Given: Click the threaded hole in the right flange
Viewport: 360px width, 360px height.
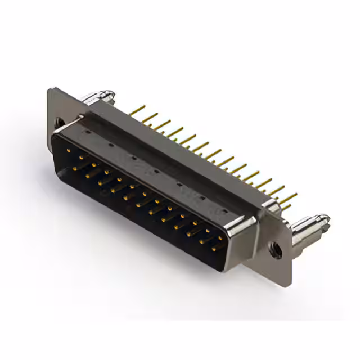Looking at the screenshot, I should [276, 250].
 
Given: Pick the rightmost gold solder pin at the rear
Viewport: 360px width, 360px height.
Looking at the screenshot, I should [289, 197].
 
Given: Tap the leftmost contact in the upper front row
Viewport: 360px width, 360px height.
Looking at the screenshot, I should [68, 150].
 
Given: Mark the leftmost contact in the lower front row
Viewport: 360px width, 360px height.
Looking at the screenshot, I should [76, 167].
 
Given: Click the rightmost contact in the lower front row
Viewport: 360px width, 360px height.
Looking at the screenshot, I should [214, 248].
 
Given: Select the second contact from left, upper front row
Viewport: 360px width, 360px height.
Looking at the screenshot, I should [81, 157].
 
